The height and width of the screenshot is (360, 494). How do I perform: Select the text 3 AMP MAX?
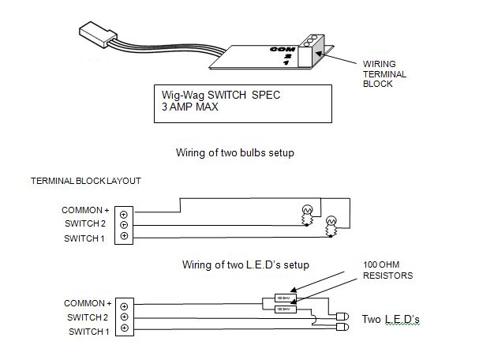point(189,108)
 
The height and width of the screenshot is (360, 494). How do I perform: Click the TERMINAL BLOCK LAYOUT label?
point(85,181)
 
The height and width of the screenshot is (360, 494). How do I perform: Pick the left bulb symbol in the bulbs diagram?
point(306,212)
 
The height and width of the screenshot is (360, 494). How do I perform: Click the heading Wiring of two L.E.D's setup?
point(245,264)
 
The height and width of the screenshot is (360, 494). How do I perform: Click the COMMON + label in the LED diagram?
point(87,303)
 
